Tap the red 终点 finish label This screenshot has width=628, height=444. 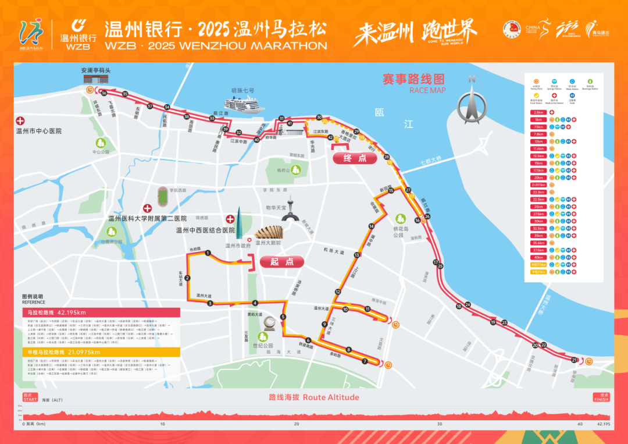coord(355,158)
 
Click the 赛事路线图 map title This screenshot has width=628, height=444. coord(413,79)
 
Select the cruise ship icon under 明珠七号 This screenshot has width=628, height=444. coord(245,105)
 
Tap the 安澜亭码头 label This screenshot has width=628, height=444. coord(95,70)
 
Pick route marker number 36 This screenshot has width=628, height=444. coord(104,93)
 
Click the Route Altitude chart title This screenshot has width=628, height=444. coord(314,397)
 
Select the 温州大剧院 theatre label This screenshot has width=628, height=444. coord(268,243)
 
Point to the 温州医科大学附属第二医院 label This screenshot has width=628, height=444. coord(147,219)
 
